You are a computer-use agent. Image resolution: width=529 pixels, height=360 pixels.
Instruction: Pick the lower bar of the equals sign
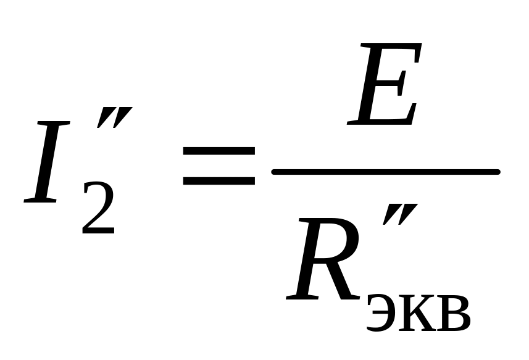(x=219, y=181)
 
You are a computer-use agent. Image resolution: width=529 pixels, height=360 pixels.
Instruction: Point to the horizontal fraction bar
(x=385, y=172)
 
